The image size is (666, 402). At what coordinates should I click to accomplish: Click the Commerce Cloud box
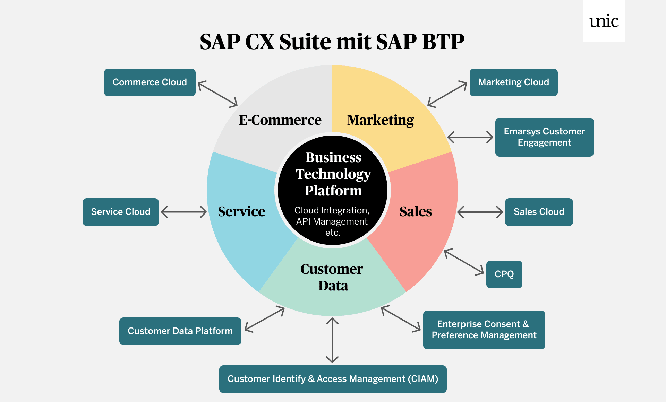150,82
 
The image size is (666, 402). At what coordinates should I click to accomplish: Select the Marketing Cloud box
513,82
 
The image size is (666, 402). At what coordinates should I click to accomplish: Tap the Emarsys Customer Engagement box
544,137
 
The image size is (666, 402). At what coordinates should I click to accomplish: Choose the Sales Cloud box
539,212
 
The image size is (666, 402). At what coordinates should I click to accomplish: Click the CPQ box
504,274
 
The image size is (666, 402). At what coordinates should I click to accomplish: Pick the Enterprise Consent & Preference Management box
484,330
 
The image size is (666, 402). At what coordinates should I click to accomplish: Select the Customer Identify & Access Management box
333,379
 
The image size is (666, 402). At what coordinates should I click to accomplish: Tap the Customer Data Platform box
180,331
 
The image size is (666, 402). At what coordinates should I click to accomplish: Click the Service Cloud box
120,212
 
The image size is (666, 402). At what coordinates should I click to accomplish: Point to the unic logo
604,21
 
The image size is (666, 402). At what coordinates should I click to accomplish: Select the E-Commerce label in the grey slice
280,120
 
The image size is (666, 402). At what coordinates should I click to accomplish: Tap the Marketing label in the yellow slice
381,120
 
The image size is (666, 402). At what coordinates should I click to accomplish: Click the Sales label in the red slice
416,211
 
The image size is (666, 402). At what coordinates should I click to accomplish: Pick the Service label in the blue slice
241,211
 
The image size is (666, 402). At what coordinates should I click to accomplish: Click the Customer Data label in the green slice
332,277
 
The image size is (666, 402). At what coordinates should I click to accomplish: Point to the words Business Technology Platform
333,174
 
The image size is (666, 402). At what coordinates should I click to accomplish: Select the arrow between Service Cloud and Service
184,212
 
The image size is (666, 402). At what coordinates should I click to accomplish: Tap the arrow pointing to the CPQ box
464,262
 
